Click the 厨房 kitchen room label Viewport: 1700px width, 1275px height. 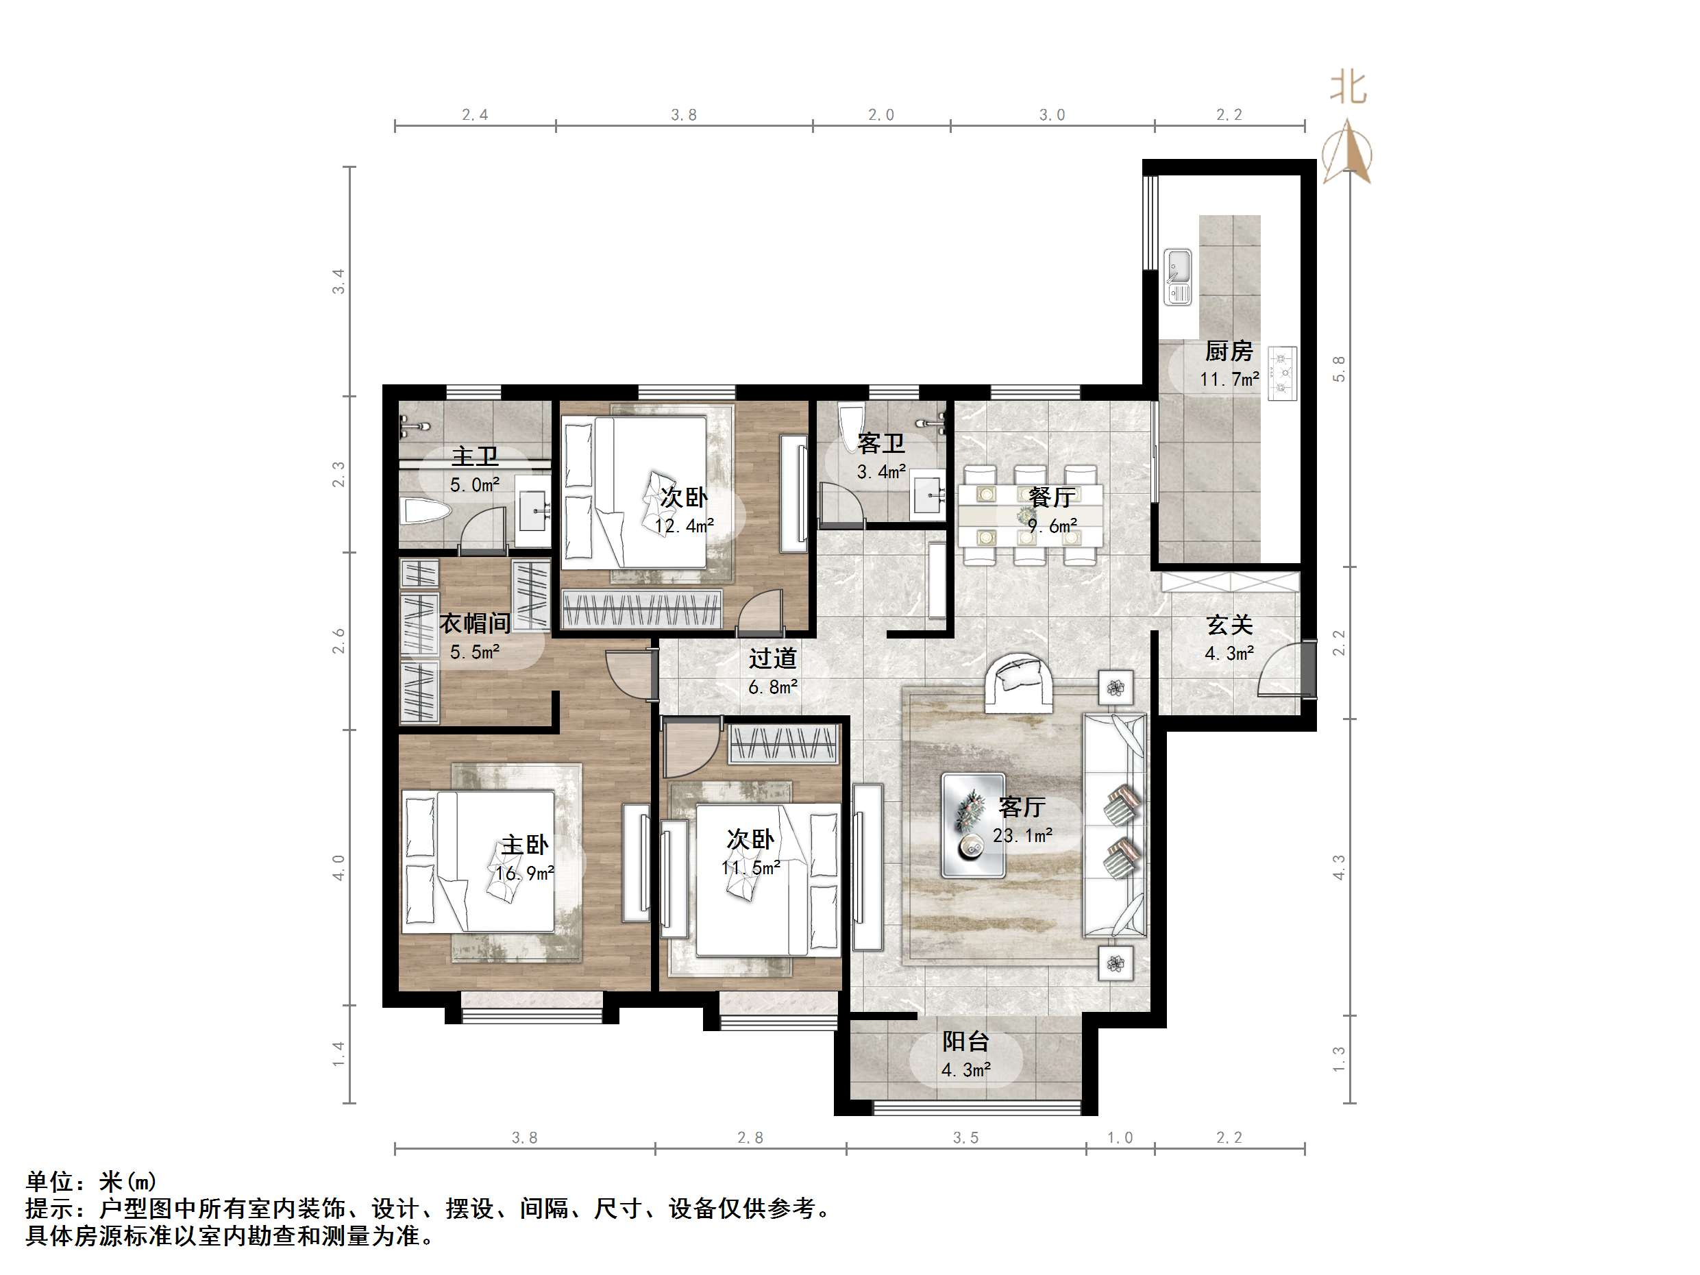1229,351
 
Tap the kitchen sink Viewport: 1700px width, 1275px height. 1177,277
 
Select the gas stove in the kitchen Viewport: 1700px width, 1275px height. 1282,373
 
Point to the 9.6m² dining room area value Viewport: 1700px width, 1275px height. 1052,526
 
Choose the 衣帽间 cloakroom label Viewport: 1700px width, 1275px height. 475,623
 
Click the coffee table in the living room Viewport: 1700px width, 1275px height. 973,826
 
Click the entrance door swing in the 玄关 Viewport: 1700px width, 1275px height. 1281,671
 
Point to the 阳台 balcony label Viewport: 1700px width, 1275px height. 965,1041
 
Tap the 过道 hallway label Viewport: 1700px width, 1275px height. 772,658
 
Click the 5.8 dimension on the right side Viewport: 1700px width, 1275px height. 1339,368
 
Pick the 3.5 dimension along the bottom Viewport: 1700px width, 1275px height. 965,1137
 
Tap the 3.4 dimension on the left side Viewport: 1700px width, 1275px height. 339,282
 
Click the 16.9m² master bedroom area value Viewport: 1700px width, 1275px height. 525,874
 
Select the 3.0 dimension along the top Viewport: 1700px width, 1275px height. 1052,115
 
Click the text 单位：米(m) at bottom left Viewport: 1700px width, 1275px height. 90,1180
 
